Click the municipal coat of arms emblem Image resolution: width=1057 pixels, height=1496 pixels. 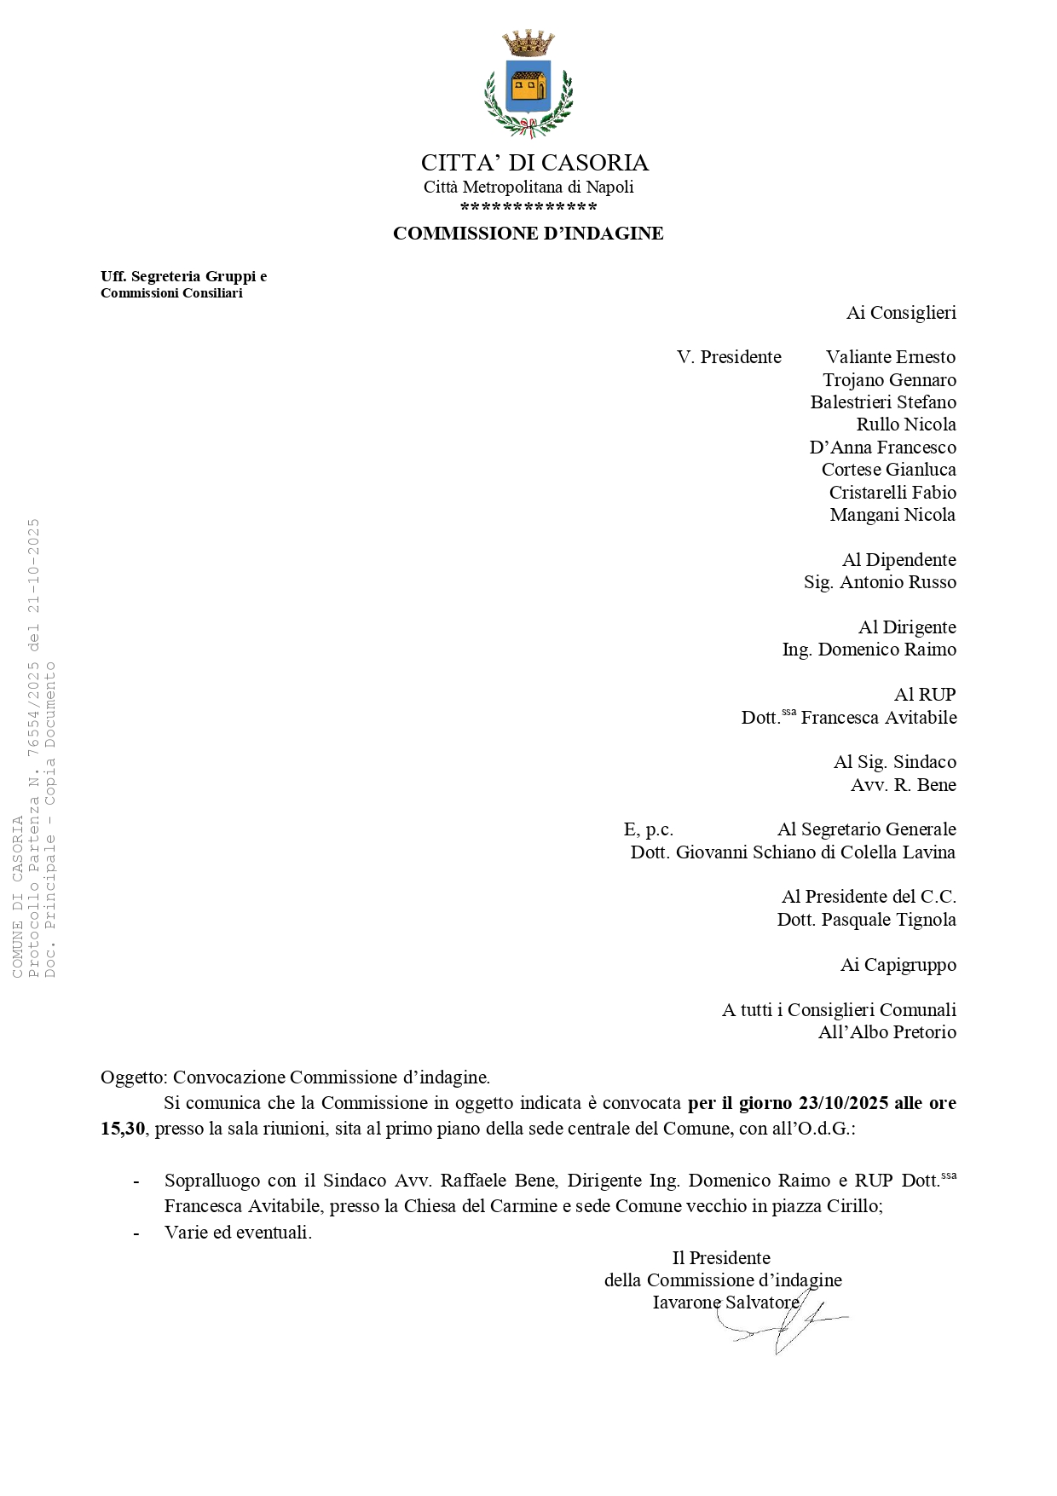click(528, 84)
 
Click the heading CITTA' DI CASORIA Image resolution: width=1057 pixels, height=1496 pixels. click(534, 163)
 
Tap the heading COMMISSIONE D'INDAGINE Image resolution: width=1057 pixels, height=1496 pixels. click(528, 234)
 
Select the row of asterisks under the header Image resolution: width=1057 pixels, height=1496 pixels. click(528, 208)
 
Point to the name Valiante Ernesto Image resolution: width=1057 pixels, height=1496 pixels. click(890, 357)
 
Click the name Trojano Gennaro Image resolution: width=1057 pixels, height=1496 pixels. click(889, 380)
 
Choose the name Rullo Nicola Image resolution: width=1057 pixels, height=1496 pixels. click(905, 425)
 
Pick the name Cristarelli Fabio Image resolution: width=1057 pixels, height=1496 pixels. click(892, 493)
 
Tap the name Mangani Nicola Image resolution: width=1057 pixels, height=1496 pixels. click(892, 515)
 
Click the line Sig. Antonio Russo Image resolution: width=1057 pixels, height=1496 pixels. click(880, 582)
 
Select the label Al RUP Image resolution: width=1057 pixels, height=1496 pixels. click(924, 695)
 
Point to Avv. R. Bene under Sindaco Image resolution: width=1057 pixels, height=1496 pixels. click(903, 785)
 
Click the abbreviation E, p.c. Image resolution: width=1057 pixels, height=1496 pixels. click(649, 829)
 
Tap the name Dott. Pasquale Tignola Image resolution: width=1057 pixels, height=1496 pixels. click(866, 920)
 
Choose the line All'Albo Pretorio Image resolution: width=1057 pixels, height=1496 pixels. click(887, 1032)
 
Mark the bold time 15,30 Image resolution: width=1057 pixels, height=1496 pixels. click(123, 1129)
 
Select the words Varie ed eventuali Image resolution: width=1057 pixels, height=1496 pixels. click(238, 1233)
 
